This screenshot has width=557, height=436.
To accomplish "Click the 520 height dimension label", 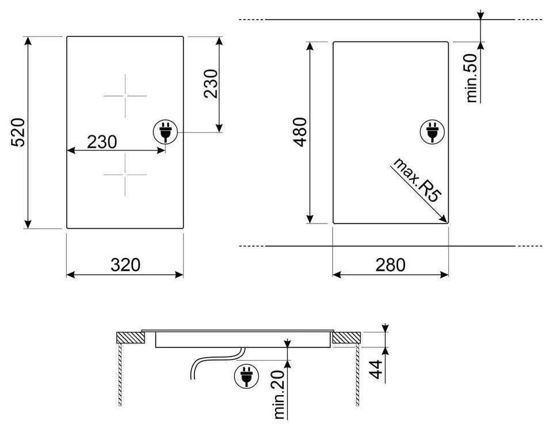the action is click(x=18, y=132).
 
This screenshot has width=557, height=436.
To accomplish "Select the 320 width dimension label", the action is click(x=125, y=265).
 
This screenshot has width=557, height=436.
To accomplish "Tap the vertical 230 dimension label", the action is click(x=211, y=84).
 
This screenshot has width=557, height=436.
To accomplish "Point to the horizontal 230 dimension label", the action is click(x=102, y=142).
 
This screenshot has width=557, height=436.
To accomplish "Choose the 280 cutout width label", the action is click(x=390, y=265).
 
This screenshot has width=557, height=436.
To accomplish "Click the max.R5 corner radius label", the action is click(x=417, y=180).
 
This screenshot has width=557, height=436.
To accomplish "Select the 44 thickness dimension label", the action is click(x=376, y=369).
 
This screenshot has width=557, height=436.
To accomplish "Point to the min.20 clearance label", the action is click(x=280, y=395).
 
